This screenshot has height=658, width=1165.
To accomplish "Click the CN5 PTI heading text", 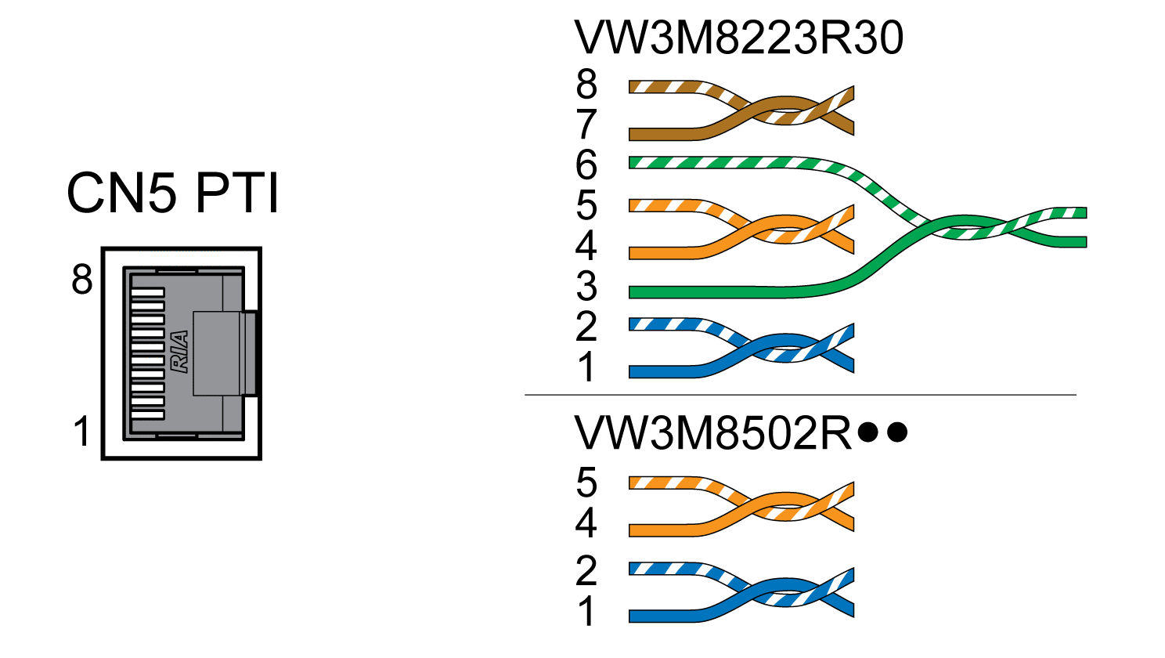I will (x=173, y=193).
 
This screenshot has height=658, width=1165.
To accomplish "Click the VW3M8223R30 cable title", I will (x=738, y=38).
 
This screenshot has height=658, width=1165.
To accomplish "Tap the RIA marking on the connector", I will (x=180, y=352).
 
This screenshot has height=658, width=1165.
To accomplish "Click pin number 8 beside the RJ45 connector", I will (x=82, y=279).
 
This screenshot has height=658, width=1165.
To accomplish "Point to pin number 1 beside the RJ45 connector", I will (x=82, y=432).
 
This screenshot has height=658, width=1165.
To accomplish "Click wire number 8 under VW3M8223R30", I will (x=586, y=84).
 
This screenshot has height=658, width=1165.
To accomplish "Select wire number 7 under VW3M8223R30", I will (x=586, y=125).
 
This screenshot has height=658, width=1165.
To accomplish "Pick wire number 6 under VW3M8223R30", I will (x=586, y=165).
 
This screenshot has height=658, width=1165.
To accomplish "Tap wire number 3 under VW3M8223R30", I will (x=586, y=287).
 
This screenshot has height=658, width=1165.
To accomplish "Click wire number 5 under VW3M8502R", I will (x=586, y=483).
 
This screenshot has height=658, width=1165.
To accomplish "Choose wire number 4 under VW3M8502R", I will (x=586, y=522).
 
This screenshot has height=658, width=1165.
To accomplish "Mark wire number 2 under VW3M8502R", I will (x=586, y=571).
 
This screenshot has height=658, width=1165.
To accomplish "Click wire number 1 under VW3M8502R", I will (x=586, y=612).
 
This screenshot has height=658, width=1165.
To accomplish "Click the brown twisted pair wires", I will (x=744, y=109).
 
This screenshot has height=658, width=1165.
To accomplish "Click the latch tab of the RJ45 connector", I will (x=251, y=352).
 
